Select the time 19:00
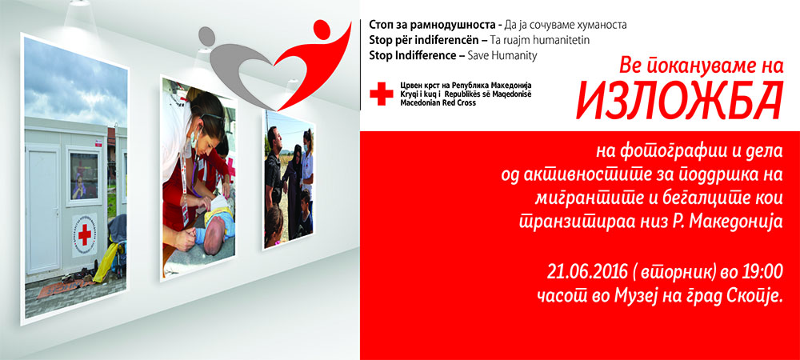tap(762, 273)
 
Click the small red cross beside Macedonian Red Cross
tap(382, 94)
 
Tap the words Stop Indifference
tap(412, 56)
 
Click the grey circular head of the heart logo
tap(206, 35)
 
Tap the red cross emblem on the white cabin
tap(84, 234)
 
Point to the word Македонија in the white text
tap(738, 222)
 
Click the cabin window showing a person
tap(84, 175)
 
